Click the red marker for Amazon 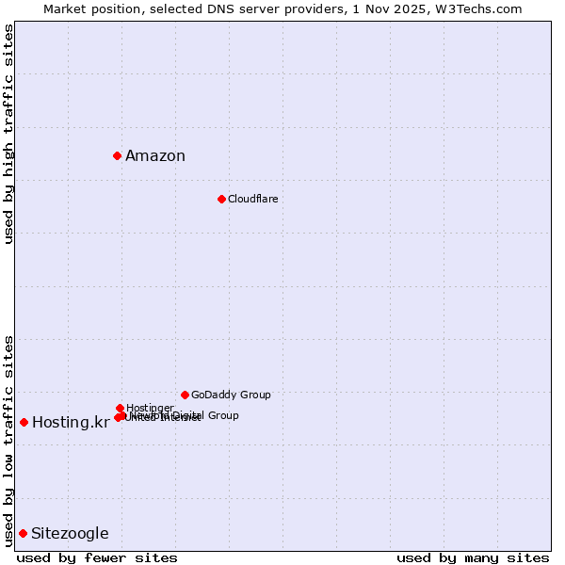point(117,155)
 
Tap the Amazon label point(155,156)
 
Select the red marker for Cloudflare point(221,199)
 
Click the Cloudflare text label point(252,199)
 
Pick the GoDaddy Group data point point(185,395)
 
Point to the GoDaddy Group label point(231,395)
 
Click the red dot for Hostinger point(120,408)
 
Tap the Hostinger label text point(150,408)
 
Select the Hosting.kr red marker point(24,422)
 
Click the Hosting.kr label point(71,422)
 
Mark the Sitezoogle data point point(23,533)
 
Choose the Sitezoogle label point(70,534)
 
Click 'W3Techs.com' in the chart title point(485,8)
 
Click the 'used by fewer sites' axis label point(97,557)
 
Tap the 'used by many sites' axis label point(473,557)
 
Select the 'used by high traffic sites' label point(9,134)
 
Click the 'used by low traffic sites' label point(9,441)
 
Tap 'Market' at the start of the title point(63,8)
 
